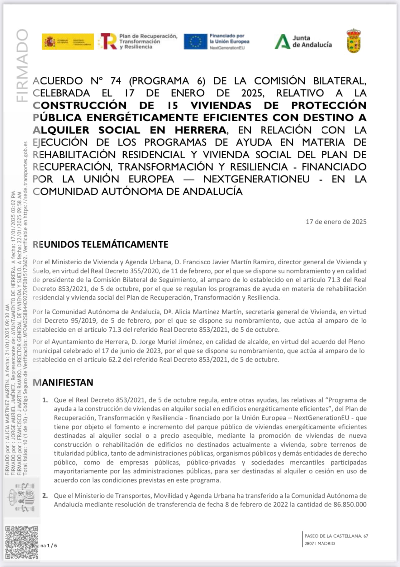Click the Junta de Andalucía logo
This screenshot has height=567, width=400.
coord(303,41)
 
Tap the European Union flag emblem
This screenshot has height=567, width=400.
coord(195,41)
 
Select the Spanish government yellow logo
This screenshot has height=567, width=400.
coord(68,41)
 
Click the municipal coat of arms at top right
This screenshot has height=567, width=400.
coord(354,41)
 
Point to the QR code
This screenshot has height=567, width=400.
coord(21,542)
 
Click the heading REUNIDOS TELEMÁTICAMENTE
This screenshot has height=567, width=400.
coord(100,244)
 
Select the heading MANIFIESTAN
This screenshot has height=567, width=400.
coord(63,382)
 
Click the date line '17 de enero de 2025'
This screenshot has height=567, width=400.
coord(336,222)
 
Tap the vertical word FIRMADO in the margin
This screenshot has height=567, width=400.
coord(22,65)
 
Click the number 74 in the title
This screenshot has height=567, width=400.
coord(115,81)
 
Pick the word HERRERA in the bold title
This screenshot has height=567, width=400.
coord(201,130)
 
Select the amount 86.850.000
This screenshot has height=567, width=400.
coord(350,504)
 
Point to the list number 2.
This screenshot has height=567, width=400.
coord(45,496)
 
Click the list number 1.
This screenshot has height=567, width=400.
coord(45,400)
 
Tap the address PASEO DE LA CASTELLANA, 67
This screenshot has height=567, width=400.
coord(336,536)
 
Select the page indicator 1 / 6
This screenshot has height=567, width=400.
coord(51,545)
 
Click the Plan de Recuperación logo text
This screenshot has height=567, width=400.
coord(148,41)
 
